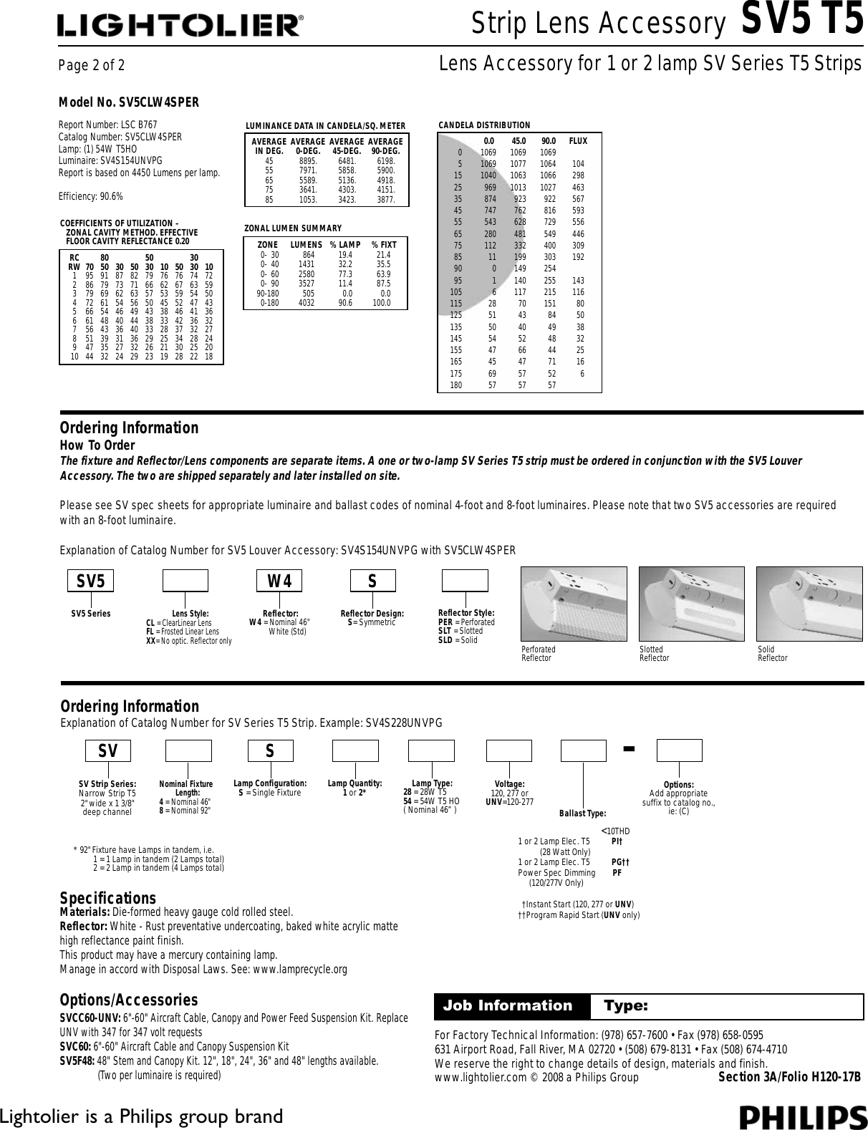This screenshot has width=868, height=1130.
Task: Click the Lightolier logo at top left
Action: point(180,26)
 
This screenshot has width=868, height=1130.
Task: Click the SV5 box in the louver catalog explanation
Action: point(90,581)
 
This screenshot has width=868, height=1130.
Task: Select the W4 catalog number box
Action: point(280,581)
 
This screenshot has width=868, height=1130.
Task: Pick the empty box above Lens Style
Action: point(185,581)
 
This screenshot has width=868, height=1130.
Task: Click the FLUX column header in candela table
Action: point(577,141)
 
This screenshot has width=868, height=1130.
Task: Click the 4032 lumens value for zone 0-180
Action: point(306,303)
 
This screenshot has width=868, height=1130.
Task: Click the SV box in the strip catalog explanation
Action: point(108,750)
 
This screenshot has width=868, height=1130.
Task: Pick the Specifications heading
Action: point(107,899)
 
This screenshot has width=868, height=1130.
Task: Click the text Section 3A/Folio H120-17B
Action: point(789,1078)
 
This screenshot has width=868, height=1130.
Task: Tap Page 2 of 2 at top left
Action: point(92,66)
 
